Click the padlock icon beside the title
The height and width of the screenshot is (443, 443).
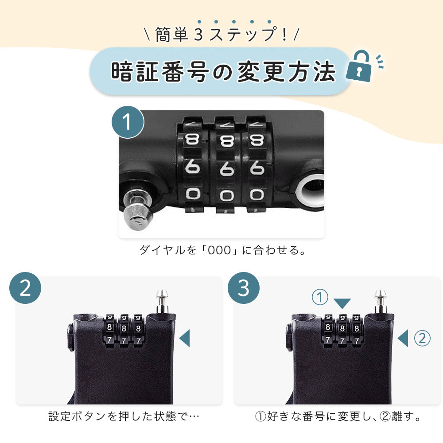[x=358, y=67]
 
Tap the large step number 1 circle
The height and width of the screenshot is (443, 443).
[x=128, y=122]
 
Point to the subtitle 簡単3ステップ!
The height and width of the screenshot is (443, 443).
[x=221, y=35]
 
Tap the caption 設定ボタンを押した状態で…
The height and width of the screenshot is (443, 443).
[x=124, y=416]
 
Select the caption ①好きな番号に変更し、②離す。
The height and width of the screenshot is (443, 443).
[x=338, y=416]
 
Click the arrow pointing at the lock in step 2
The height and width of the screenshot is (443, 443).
[x=185, y=338]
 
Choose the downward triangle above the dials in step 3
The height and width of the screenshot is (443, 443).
[x=342, y=303]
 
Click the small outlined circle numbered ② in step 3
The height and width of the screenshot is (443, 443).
[x=422, y=338]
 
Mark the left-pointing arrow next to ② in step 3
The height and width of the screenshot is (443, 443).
[x=403, y=338]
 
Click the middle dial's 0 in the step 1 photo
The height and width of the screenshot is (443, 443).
[x=227, y=195]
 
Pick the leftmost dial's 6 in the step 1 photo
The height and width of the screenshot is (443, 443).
[x=193, y=167]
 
